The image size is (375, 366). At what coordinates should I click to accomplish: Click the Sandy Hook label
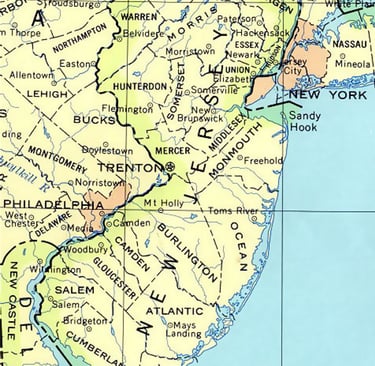303,122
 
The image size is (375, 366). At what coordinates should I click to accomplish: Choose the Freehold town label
264,159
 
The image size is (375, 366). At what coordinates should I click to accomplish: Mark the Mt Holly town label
164,204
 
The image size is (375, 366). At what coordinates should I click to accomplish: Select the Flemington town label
128,108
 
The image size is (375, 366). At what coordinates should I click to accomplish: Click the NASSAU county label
349,45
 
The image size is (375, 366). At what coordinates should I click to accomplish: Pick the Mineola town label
352,62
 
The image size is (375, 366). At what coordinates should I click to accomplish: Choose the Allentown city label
32,75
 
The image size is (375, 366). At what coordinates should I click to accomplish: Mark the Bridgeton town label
85,322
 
